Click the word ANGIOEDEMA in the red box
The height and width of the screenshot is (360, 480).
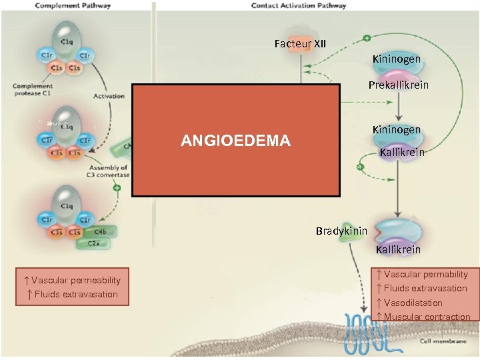click(x=235, y=141)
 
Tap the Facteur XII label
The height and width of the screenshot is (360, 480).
click(x=300, y=44)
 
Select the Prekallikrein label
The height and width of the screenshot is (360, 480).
click(x=399, y=85)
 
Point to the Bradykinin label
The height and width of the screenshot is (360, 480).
click(x=341, y=231)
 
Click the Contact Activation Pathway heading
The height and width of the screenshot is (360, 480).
click(x=299, y=5)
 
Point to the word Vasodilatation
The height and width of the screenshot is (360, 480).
click(x=413, y=303)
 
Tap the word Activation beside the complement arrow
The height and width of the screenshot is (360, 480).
click(x=109, y=96)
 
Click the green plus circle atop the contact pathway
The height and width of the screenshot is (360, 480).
click(x=366, y=38)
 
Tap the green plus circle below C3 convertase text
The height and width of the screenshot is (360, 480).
click(x=117, y=189)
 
